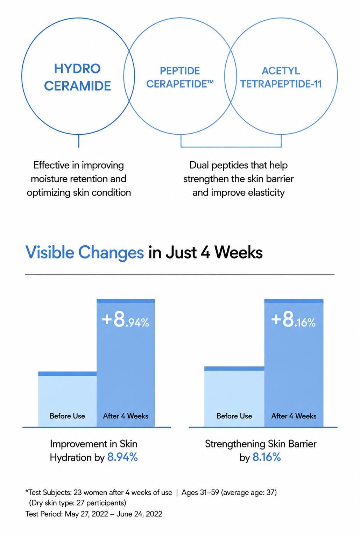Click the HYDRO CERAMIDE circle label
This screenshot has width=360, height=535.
(x=77, y=77)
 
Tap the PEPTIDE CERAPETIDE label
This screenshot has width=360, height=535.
(x=179, y=77)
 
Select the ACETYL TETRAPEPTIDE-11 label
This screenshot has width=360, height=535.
(x=281, y=77)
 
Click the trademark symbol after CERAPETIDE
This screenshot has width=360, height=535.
(x=210, y=82)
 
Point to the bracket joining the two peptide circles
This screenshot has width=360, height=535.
(x=231, y=146)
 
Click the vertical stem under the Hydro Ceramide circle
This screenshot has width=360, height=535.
(x=79, y=141)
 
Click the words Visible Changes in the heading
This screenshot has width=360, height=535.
(x=85, y=253)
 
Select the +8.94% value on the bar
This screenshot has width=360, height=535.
(x=125, y=319)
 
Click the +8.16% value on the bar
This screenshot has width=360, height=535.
(x=293, y=319)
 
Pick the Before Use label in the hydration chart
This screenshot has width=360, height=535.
(x=68, y=416)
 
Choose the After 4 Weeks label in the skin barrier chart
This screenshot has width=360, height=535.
(x=294, y=416)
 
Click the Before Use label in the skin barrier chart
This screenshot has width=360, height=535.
(x=234, y=416)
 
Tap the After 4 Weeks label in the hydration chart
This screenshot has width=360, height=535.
(x=126, y=416)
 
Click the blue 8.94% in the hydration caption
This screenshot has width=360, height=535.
(x=122, y=457)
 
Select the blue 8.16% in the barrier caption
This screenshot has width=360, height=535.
(x=267, y=457)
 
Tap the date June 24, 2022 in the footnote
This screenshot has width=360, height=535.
(x=139, y=514)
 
